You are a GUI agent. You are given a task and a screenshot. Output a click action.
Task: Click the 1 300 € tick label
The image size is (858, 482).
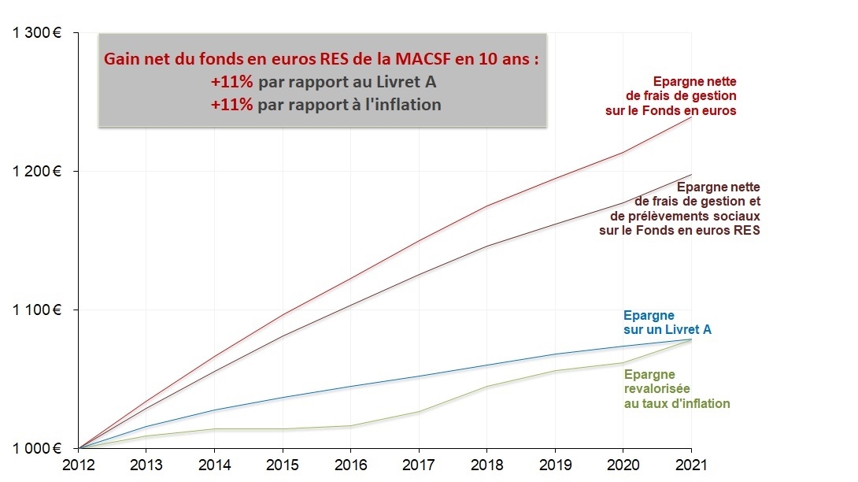36,33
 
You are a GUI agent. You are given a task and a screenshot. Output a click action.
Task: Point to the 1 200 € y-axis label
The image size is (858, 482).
36,172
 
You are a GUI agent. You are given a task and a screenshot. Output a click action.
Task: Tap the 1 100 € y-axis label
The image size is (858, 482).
36,310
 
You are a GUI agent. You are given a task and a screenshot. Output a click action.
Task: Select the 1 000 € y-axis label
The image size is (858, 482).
36,448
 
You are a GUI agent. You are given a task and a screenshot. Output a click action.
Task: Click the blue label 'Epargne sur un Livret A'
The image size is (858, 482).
667,323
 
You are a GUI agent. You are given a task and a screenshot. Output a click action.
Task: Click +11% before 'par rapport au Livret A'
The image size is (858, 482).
231,82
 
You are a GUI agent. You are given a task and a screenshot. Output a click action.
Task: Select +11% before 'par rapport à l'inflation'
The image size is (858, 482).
231,105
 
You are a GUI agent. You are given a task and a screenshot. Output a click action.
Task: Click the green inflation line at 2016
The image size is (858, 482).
350,426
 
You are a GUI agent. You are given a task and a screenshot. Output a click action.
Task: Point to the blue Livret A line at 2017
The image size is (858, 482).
419,376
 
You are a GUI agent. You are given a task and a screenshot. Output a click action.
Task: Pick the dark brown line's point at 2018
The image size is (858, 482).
486,247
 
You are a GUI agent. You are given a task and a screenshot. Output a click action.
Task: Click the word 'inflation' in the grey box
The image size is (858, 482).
406,105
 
